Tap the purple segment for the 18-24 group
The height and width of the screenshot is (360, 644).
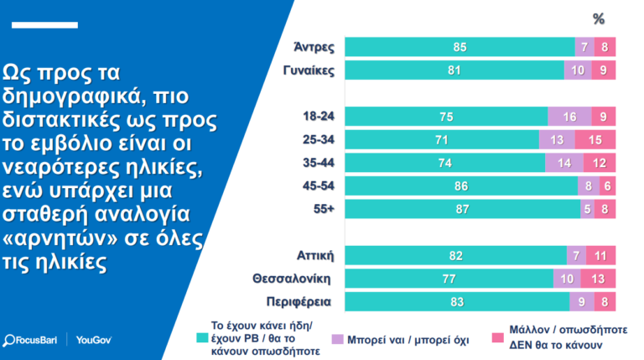[x=569, y=117]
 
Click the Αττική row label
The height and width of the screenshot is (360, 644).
[x=316, y=255]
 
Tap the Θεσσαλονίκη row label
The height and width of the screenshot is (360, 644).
[x=294, y=279]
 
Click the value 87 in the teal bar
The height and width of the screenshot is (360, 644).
[x=460, y=209]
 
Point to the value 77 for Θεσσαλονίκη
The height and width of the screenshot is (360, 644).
[x=449, y=279]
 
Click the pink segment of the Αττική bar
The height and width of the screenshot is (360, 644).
[x=600, y=255]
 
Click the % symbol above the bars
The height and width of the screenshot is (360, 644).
[x=599, y=19]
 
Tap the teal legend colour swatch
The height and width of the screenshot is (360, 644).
[x=201, y=338]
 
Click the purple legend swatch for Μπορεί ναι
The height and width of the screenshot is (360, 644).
[x=338, y=338]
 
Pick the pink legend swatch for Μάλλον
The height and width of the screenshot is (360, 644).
[x=496, y=338]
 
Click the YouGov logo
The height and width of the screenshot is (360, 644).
[x=93, y=340]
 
